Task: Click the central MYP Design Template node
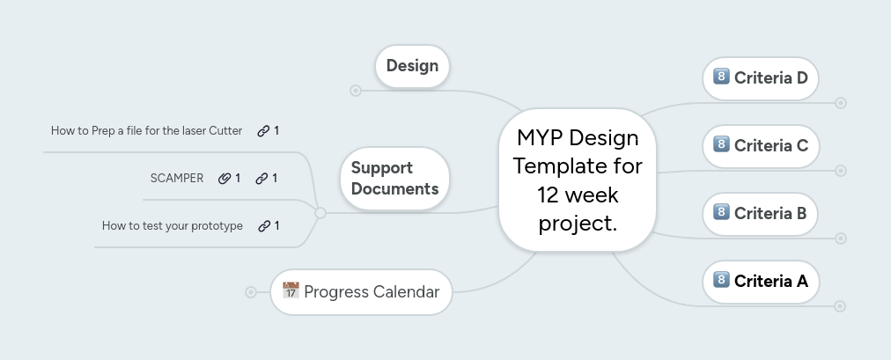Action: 578,180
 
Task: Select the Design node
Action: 412,66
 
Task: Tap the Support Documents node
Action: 394,178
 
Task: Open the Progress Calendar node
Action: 361,291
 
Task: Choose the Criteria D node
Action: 761,77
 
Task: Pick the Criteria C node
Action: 761,145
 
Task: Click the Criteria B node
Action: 761,213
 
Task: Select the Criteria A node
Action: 761,281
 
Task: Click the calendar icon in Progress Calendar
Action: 291,290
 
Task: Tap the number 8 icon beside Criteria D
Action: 721,77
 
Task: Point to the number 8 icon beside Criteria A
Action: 721,280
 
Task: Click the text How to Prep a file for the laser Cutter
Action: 146,131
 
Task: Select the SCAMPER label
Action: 177,178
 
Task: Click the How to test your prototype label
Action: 173,225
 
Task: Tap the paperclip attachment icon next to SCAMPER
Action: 225,178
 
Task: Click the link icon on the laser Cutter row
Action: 263,131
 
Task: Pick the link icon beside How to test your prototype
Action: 264,225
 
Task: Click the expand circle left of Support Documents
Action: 320,213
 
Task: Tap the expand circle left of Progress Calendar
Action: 251,291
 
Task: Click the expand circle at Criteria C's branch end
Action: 841,171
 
